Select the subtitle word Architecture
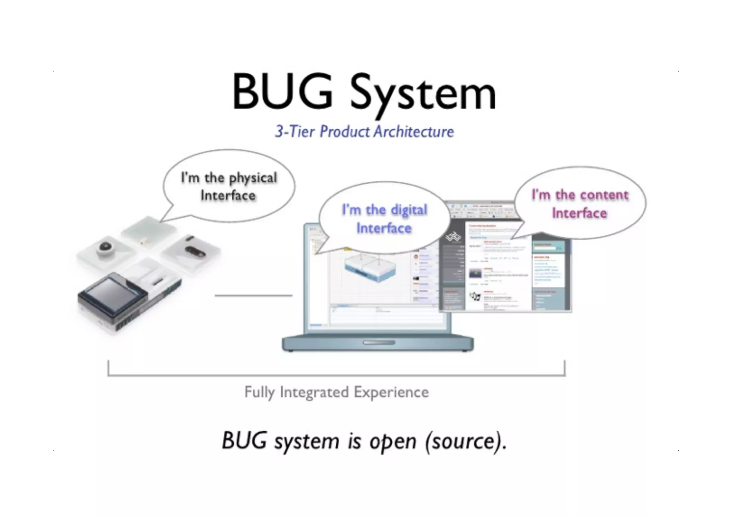(x=414, y=131)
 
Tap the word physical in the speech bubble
(x=253, y=178)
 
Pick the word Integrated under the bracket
(x=314, y=392)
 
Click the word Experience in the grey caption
(x=391, y=392)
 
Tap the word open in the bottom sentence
(x=393, y=442)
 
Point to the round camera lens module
(x=105, y=247)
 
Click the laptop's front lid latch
(x=379, y=343)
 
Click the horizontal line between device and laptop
(x=253, y=295)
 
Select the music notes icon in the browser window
(x=475, y=296)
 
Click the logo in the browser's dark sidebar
(x=453, y=237)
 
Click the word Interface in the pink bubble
(x=579, y=213)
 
